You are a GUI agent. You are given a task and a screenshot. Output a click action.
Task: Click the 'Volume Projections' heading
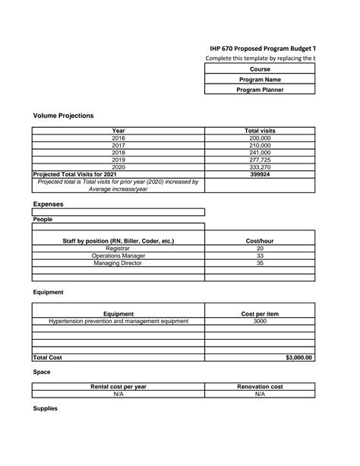point(64,116)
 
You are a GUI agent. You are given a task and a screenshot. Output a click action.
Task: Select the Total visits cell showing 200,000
point(260,138)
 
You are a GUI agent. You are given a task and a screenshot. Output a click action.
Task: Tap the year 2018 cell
point(118,153)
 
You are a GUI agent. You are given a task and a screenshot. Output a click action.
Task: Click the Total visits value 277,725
point(260,160)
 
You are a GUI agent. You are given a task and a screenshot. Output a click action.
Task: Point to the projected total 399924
point(260,174)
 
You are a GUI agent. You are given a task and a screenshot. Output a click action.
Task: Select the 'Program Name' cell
point(260,79)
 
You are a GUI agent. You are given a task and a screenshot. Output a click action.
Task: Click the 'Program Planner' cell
point(260,90)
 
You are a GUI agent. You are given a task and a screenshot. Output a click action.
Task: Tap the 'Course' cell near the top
point(260,69)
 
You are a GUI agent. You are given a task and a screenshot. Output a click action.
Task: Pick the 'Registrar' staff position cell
point(118,249)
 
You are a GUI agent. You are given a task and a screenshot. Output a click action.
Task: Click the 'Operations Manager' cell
point(118,256)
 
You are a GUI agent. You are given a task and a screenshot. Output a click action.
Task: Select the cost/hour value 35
point(260,263)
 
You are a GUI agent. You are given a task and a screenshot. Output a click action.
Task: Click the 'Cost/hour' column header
point(260,241)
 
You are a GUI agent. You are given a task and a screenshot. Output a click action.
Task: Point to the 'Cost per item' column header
point(260,314)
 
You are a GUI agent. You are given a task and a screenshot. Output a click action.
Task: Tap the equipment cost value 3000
point(260,322)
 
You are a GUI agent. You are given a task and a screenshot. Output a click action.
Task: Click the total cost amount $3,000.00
point(299,357)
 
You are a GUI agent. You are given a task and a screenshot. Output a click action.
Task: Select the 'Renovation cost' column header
point(260,387)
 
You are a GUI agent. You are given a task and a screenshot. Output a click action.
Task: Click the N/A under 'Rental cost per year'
point(118,395)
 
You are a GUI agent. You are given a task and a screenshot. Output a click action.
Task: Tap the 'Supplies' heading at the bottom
point(46,409)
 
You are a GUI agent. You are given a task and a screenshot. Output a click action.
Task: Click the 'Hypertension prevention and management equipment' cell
point(118,322)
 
